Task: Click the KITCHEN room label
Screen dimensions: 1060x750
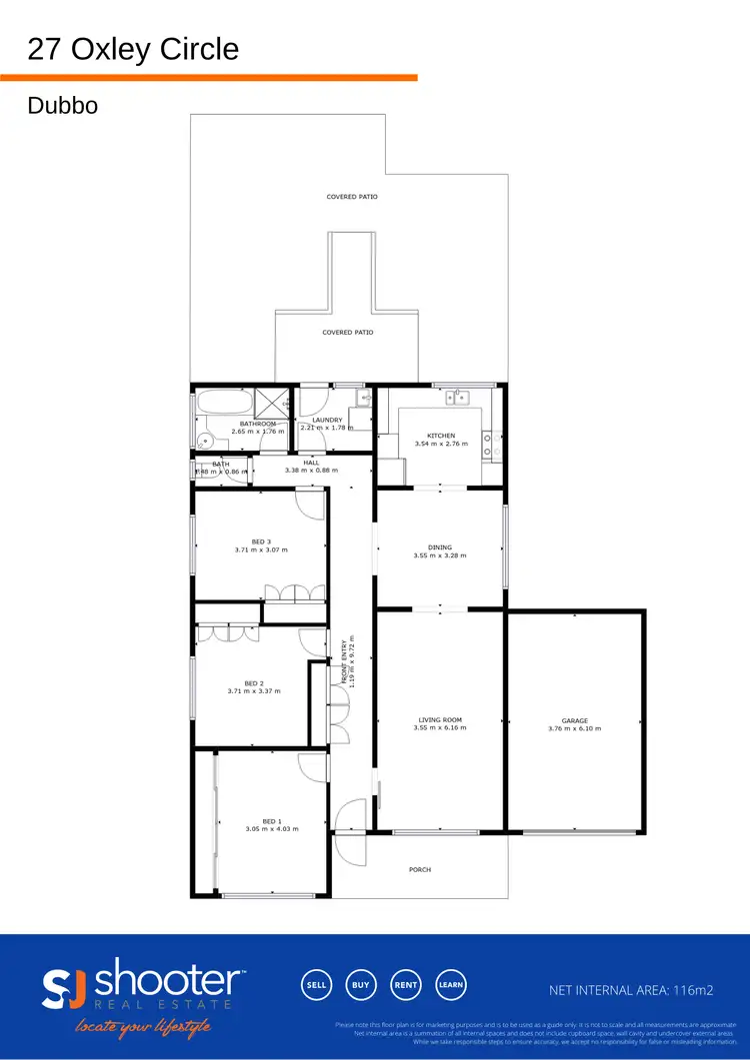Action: [x=441, y=436]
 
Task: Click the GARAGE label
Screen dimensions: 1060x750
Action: [x=574, y=720]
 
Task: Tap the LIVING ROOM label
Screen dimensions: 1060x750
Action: [x=440, y=719]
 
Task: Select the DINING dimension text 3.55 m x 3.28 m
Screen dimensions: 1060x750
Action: [x=440, y=556]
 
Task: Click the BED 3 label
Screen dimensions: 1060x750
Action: [x=261, y=541]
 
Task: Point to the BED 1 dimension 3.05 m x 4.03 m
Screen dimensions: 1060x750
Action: [x=272, y=828]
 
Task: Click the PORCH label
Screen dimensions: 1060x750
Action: [x=420, y=870]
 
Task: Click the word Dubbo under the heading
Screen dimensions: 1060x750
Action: [x=63, y=105]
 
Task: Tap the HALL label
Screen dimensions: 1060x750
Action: [x=311, y=462]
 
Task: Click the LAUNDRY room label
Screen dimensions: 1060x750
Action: [x=327, y=421]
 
